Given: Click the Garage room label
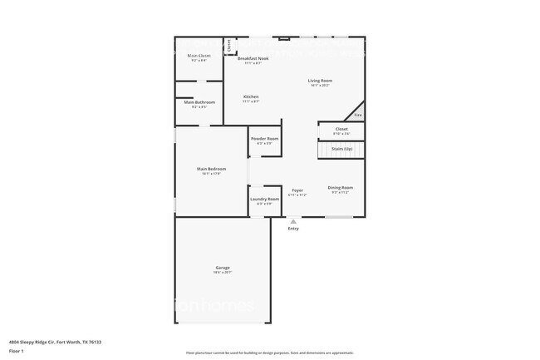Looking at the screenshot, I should point(223,268).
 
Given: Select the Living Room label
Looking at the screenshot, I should point(321,81).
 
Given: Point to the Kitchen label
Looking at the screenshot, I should point(251,96).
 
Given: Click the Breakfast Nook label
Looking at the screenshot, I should point(253,58).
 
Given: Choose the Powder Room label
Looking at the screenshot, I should point(265,138).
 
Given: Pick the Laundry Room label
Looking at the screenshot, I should point(264,200).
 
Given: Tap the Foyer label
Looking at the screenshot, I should point(297,190).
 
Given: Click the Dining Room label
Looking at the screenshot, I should point(341,188).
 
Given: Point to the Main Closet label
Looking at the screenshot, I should point(199,56).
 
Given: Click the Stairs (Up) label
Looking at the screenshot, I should point(342,149).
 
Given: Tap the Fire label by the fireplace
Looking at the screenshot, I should point(358,116).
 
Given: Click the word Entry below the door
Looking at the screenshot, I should point(293,229).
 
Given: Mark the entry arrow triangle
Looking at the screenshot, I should point(293,221).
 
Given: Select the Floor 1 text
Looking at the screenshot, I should point(17,351).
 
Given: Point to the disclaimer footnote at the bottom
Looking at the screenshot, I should point(269,353).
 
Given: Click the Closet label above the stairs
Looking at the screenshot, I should point(341,129).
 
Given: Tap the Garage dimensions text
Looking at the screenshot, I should point(223,273).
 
